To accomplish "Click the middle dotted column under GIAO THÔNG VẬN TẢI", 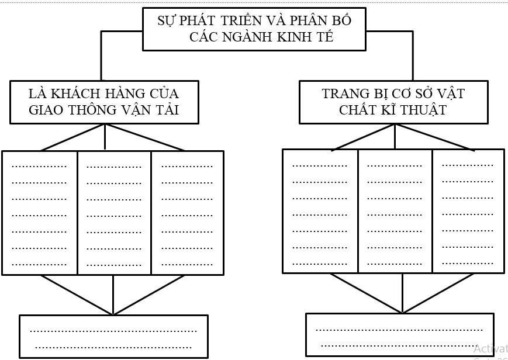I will pos(114,213).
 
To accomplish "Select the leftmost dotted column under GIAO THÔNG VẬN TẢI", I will pos(40,213).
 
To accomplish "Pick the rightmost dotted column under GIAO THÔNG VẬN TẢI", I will pos(187,213).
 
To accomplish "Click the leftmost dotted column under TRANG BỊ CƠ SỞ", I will pos(320,211).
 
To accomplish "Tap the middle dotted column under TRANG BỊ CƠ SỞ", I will pos(395,211).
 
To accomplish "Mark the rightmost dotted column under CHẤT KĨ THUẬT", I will pos(468,211).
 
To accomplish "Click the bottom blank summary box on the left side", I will pos(113,337).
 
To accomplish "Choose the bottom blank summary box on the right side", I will pos(399,335).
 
